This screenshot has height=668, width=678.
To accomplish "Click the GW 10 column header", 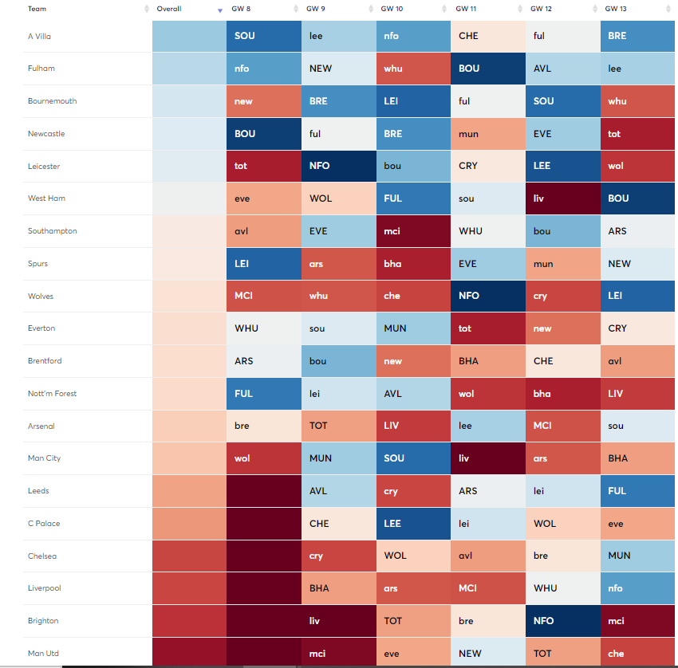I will [393, 9].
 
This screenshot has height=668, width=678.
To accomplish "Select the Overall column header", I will [169, 9].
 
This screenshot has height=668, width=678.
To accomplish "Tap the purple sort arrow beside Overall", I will [220, 10].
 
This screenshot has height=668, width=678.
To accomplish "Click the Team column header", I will [37, 9].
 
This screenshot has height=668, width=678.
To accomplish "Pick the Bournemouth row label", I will [53, 101].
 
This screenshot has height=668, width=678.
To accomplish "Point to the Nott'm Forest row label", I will [53, 394].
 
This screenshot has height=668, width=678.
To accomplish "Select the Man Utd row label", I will [44, 654].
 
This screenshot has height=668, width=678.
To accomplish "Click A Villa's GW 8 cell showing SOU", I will [264, 36].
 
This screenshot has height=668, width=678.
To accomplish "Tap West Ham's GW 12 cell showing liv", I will [562, 198].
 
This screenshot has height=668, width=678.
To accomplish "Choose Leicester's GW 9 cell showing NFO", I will [338, 166].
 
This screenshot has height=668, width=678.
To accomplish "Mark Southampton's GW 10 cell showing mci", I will [413, 231].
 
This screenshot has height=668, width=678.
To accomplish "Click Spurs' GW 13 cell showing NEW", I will [637, 264].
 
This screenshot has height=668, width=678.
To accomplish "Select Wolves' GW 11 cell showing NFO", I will [487, 296].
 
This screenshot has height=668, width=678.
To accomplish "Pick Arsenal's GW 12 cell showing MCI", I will [562, 426].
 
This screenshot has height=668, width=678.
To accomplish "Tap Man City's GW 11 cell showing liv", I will [487, 458].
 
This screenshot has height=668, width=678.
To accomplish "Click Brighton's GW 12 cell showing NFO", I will [562, 621].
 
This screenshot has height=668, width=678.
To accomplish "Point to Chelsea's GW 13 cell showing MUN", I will [637, 556].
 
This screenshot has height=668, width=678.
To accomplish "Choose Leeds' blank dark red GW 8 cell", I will [264, 491].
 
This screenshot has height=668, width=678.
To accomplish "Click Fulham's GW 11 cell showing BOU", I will [487, 69].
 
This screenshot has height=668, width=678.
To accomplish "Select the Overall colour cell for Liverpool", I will [189, 588].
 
